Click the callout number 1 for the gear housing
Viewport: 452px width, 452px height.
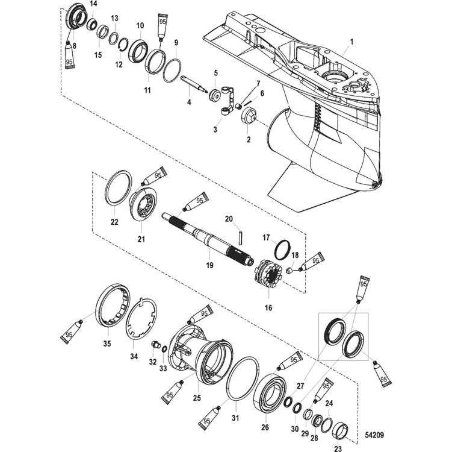click(x=351, y=42)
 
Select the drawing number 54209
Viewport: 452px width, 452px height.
click(x=374, y=435)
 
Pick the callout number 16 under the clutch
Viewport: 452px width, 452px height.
click(x=268, y=308)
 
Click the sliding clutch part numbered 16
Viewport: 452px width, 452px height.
click(x=268, y=274)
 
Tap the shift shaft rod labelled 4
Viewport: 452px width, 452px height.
click(x=194, y=84)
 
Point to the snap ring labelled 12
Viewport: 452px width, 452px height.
click(x=120, y=46)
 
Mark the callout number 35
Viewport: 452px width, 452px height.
click(x=107, y=344)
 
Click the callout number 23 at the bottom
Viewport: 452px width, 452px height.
click(x=338, y=448)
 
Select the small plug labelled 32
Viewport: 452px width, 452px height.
click(x=155, y=344)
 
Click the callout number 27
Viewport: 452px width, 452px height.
click(x=300, y=386)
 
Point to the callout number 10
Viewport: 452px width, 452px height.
click(x=140, y=26)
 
